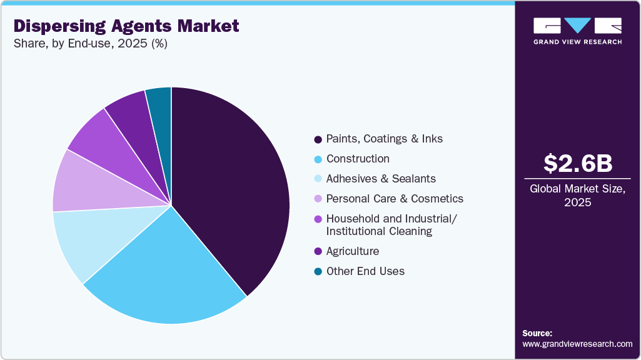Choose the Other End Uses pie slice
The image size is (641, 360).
(160, 100)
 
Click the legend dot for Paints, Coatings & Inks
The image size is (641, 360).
(318, 139)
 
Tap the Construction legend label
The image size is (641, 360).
(358, 159)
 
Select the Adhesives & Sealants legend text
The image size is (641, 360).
(381, 179)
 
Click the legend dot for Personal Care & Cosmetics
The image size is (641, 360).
(318, 199)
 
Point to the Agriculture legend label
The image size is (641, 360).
(353, 251)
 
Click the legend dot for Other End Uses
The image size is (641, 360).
(318, 271)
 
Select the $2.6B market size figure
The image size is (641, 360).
(577, 163)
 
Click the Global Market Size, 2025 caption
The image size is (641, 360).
(577, 195)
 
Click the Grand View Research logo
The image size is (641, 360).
(577, 31)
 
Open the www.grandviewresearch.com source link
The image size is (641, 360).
(577, 344)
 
